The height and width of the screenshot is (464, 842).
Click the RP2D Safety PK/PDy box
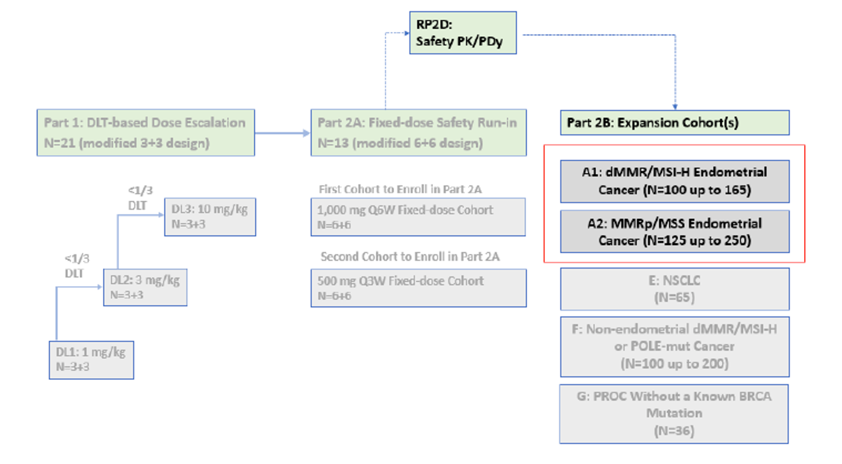coord(463,33)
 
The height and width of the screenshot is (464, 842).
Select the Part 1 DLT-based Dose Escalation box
coord(146,133)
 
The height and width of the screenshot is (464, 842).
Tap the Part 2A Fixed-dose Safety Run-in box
coord(418,133)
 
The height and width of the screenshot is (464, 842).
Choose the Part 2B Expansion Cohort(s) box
coord(674,123)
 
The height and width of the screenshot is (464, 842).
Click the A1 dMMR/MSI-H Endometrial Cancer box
coord(674,181)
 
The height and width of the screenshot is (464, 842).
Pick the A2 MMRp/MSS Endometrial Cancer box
coord(674,232)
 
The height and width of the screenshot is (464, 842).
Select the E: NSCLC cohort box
coord(674,289)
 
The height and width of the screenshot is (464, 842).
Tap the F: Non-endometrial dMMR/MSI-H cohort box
coord(674,346)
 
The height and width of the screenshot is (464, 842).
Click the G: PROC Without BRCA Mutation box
coord(674,413)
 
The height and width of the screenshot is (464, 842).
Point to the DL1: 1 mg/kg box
coord(91,359)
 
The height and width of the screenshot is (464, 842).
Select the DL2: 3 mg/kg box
coord(145,287)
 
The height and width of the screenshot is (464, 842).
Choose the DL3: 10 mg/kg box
coord(210,217)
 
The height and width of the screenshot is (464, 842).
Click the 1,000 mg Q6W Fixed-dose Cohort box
coord(418,217)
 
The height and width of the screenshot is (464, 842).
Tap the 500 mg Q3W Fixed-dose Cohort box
coord(418,288)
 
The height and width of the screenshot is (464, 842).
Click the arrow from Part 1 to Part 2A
coord(282,133)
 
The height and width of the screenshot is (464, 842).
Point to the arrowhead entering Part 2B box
coord(675,106)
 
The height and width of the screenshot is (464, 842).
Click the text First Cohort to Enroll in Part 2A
coord(400,189)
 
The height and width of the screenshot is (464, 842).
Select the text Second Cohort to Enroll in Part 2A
coord(410,256)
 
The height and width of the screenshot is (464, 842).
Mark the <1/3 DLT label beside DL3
coord(140,198)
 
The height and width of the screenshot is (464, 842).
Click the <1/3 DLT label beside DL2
coord(76,266)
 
